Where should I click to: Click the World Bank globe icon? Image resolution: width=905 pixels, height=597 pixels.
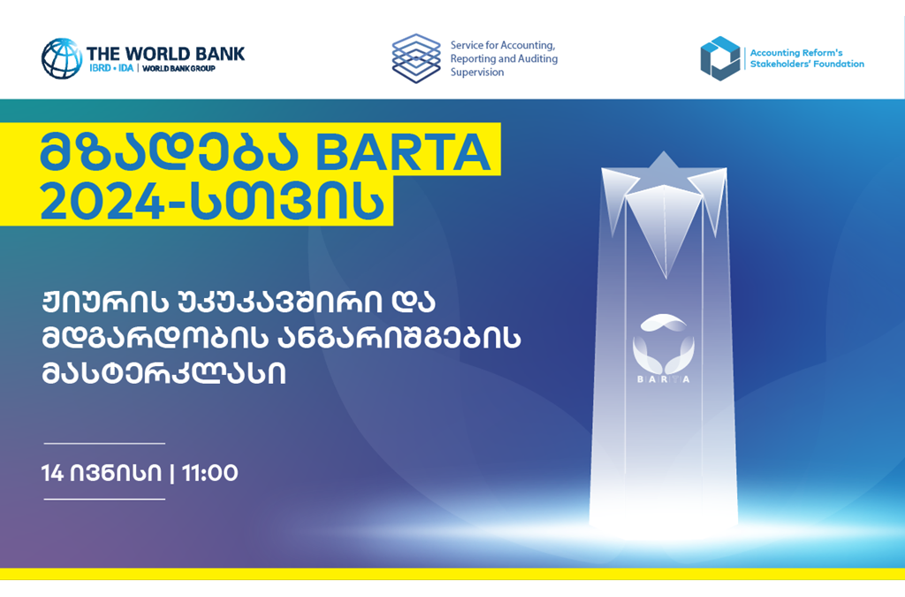coord(61,58)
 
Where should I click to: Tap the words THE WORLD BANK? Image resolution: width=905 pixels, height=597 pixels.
coord(165,54)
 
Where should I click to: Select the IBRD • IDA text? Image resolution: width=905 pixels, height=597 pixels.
coord(111,68)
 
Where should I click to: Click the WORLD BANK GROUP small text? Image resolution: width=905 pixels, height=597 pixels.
coord(179,68)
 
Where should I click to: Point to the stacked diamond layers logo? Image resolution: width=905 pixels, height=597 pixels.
coord(416,58)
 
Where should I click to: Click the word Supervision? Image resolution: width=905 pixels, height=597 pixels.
coord(477,73)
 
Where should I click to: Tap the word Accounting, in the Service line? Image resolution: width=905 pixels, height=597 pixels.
coord(527,45)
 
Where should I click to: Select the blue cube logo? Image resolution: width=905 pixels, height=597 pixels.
coord(719,58)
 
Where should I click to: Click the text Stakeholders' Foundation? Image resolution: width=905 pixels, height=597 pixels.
coord(807,64)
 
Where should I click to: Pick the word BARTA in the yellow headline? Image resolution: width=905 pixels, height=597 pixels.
coord(403,152)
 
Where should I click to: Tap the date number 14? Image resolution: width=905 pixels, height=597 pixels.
coord(52,473)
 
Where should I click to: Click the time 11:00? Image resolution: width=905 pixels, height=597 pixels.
coord(209,473)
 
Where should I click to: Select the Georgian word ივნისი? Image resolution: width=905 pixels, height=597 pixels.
coord(116,473)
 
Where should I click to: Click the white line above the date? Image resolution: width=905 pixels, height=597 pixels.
coord(104,443)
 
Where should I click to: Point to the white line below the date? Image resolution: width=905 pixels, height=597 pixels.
coord(104,499)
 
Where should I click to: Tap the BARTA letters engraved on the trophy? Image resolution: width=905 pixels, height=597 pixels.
coord(663,379)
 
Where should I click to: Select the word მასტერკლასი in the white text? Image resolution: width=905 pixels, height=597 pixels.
coord(164,373)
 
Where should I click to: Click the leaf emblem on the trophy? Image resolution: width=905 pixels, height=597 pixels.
coord(663,344)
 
